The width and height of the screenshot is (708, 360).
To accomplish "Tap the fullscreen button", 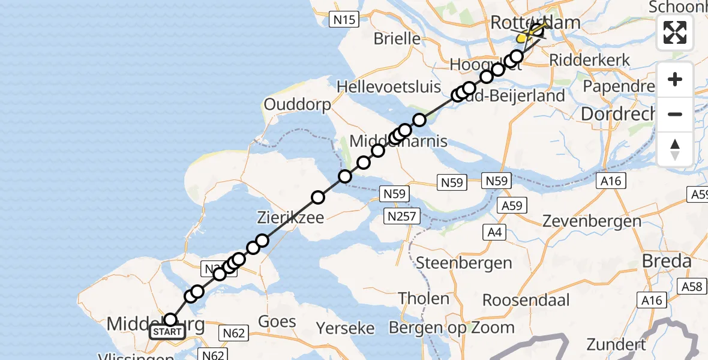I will click(675, 32).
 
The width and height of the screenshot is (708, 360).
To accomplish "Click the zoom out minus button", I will click(675, 114).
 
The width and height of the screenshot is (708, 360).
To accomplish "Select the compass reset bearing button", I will click(675, 149).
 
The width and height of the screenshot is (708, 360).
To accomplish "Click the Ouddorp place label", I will click(297, 104).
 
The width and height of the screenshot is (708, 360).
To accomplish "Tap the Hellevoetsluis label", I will click(389, 86).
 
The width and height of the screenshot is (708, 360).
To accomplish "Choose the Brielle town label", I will click(397, 39).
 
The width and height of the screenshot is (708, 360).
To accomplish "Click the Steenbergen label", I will click(464, 262).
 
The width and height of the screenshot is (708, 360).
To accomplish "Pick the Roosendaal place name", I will click(525, 299).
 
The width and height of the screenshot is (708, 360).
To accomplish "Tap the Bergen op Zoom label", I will click(452, 328).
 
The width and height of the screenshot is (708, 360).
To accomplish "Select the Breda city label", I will click(667, 261).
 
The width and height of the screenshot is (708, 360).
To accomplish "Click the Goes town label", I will click(277, 321).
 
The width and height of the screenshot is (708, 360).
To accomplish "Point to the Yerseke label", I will click(346, 328).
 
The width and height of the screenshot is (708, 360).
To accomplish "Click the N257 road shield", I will click(403, 217).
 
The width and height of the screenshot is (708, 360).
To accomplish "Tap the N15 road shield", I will click(344, 20).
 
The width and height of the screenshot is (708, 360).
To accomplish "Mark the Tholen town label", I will click(424, 298).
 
